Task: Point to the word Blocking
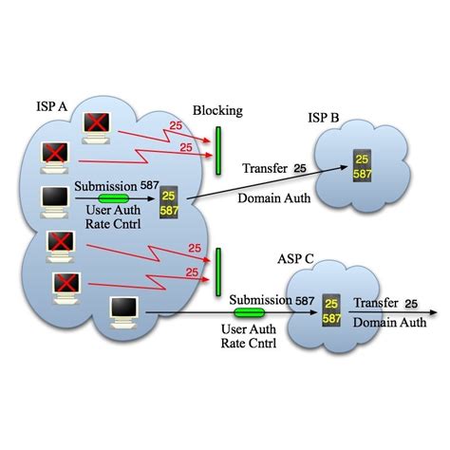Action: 217,110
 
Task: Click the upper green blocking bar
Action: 217,147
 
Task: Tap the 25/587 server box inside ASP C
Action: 330,309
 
